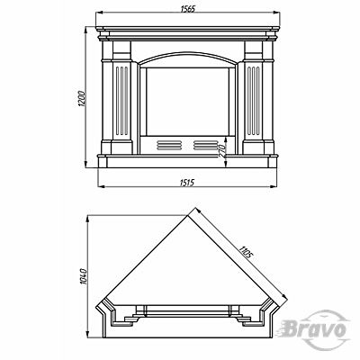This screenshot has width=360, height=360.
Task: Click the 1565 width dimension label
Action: (188, 9)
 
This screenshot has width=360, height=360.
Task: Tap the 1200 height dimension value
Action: (82, 98)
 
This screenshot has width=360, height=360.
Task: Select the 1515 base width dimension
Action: (187, 183)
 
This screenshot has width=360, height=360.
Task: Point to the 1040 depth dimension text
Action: (83, 276)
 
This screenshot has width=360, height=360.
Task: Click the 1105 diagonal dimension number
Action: (245, 252)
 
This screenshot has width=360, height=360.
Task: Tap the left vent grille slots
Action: (169, 145)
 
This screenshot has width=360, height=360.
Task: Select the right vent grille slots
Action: (205, 145)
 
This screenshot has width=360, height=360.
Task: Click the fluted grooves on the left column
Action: (121, 101)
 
